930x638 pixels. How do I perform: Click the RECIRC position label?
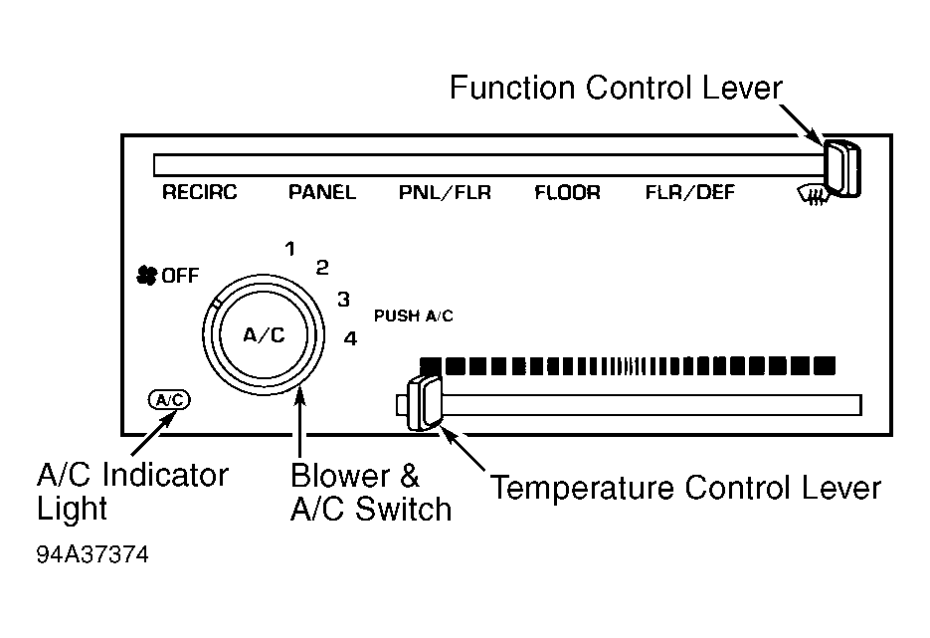(x=199, y=192)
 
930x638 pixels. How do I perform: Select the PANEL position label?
(x=322, y=192)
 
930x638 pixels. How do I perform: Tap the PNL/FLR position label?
(x=445, y=192)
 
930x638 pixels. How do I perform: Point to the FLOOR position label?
(x=568, y=192)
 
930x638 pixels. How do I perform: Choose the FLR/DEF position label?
(x=689, y=192)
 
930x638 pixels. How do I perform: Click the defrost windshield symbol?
(x=812, y=195)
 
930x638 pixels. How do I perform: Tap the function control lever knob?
(x=841, y=169)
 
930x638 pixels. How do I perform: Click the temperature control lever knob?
(x=424, y=403)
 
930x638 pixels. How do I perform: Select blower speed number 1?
(x=290, y=249)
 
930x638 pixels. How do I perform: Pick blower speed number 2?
(x=322, y=268)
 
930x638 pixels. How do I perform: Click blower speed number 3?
(x=344, y=300)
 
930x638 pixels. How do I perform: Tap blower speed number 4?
(x=350, y=338)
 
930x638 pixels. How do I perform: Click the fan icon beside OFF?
(x=146, y=275)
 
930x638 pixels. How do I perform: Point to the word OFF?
(x=180, y=276)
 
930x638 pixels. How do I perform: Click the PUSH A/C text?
(x=414, y=316)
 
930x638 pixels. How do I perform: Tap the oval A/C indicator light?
(x=170, y=400)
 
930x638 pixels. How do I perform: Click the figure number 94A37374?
(x=93, y=554)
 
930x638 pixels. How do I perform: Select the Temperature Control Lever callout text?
(x=685, y=489)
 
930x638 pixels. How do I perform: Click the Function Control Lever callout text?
(x=617, y=88)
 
